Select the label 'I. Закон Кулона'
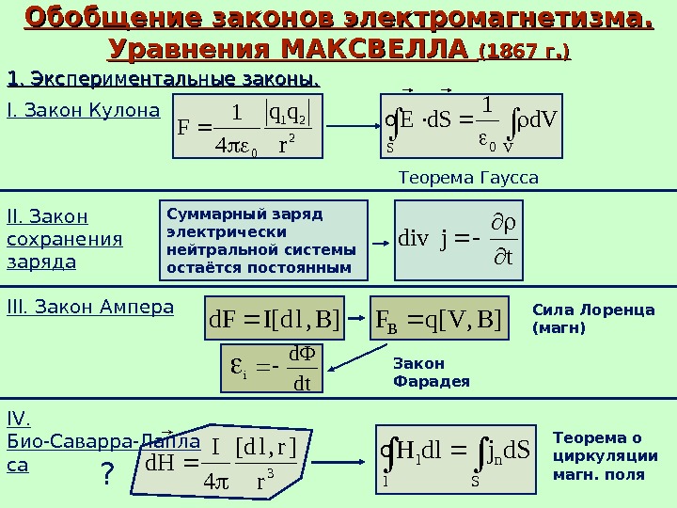click(x=84, y=111)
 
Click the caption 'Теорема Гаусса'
click(x=468, y=177)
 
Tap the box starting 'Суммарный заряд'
click(x=264, y=240)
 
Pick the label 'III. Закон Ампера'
click(x=90, y=307)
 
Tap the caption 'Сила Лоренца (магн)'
click(x=592, y=318)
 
